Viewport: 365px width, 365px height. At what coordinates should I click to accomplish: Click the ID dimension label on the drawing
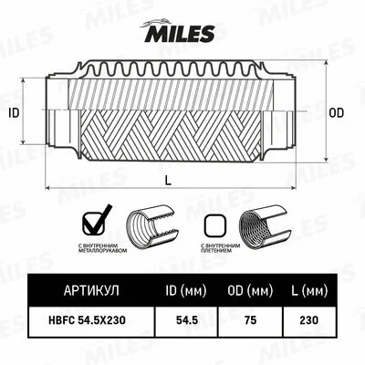point(14,113)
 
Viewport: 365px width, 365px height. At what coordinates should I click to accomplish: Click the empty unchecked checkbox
point(214,224)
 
